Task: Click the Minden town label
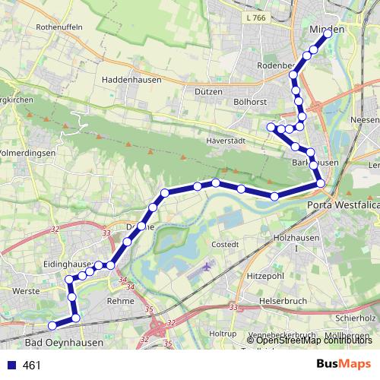(328, 29)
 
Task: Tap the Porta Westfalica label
(343, 204)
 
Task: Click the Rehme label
(120, 301)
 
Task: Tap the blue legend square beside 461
(11, 365)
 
